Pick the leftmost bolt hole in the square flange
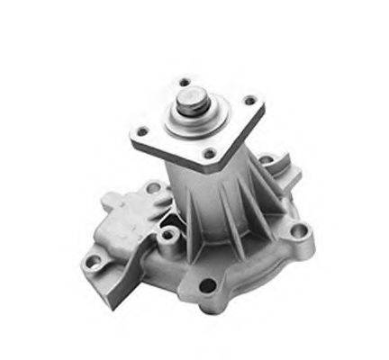coord(140,132)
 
